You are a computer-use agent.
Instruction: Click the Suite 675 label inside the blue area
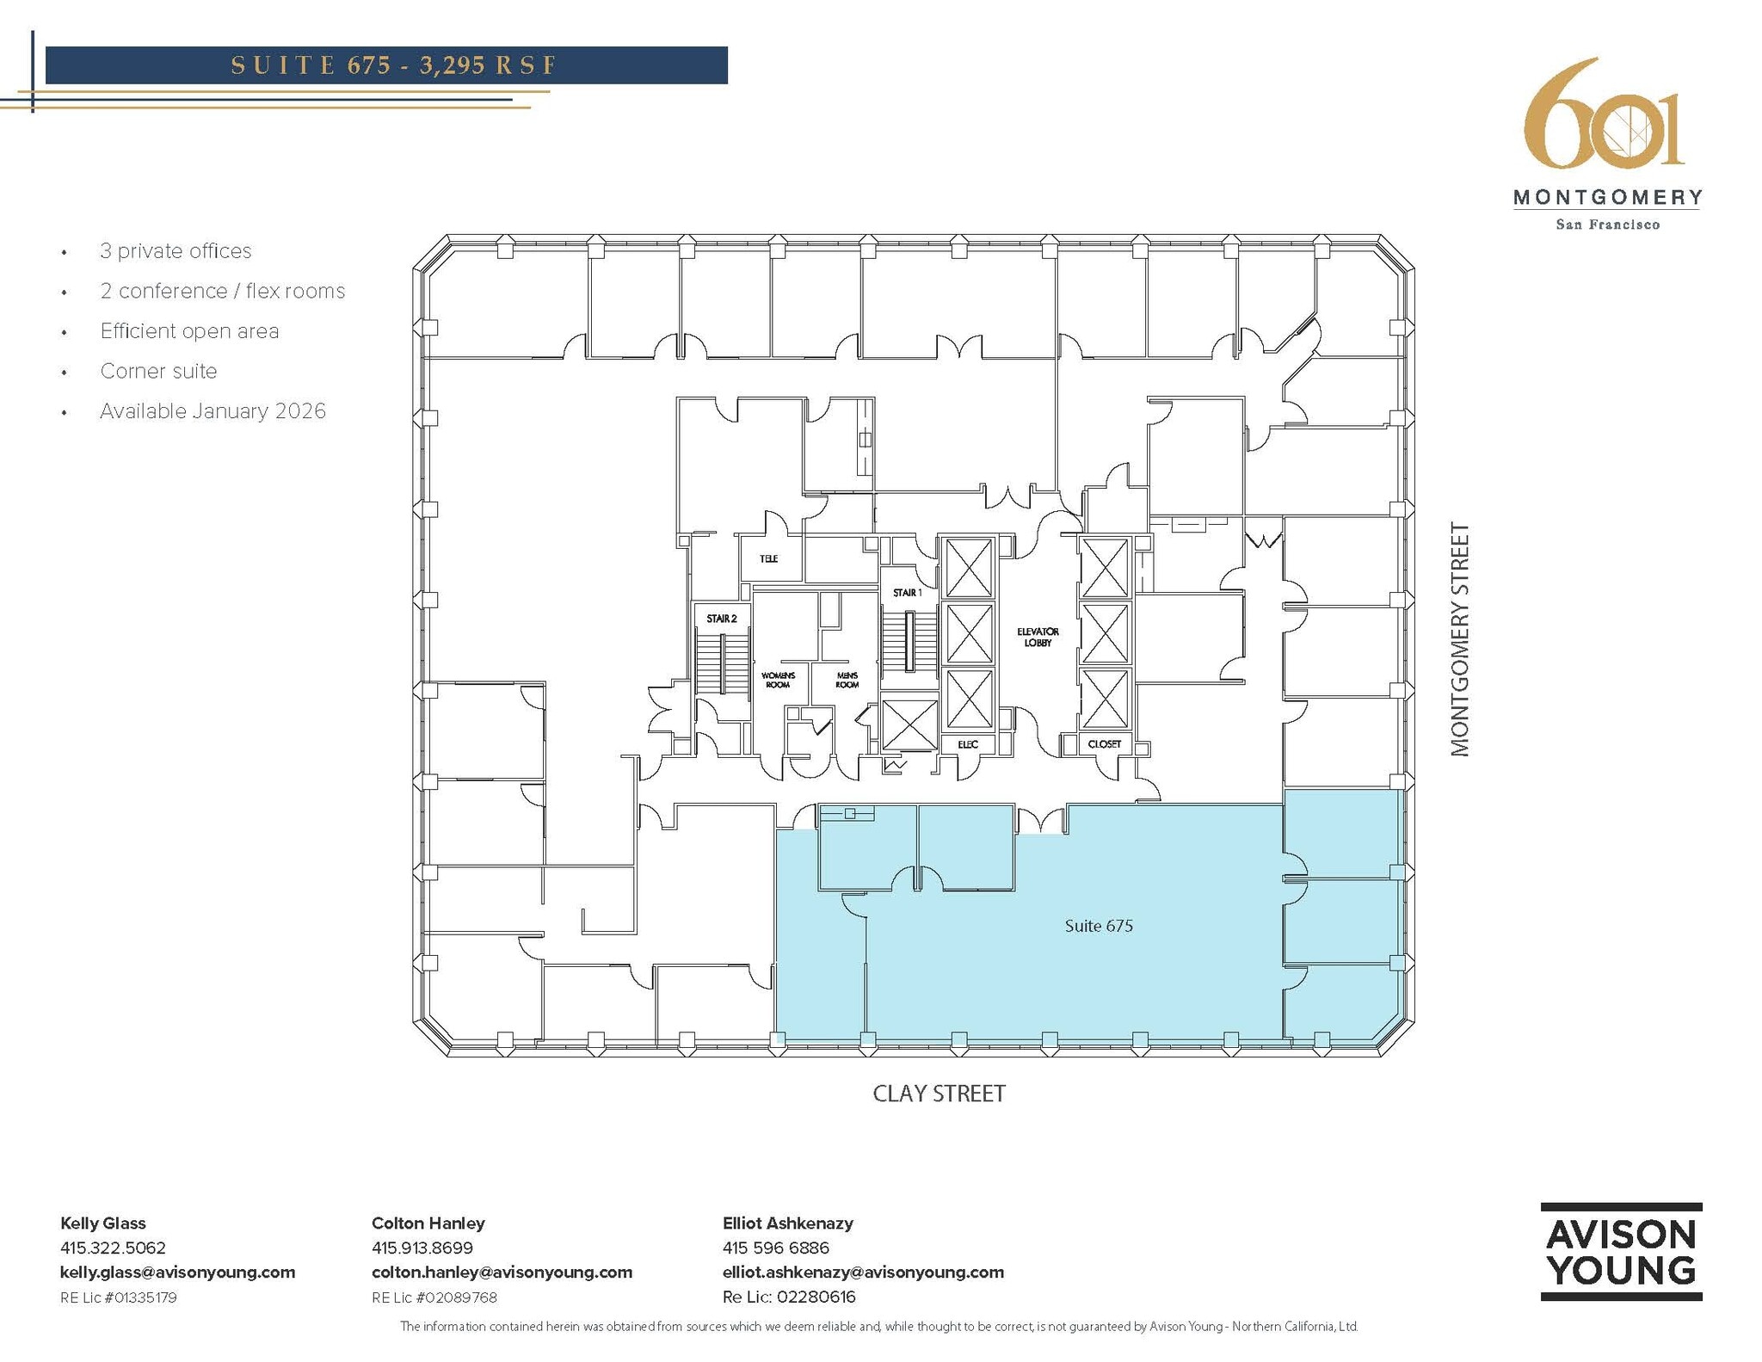pos(1098,926)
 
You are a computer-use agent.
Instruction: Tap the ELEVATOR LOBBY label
pos(1038,637)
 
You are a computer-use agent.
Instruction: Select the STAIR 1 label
pos(907,593)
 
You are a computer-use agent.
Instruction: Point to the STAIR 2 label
pos(721,619)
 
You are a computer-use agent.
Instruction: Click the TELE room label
pos(768,559)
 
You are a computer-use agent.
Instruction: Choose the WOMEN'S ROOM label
pos(778,680)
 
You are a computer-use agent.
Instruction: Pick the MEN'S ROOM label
pos(847,680)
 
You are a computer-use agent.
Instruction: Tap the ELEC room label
pos(968,744)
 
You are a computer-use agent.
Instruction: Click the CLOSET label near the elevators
pos(1104,744)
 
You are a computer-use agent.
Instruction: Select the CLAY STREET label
pos(939,1094)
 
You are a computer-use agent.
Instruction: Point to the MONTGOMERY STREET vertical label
pos(1460,639)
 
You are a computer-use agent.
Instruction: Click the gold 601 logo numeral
pos(1604,116)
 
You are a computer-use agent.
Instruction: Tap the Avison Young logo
pos(1621,1252)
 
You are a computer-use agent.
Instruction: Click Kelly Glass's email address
pos(177,1272)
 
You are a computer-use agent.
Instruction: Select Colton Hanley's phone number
pos(422,1248)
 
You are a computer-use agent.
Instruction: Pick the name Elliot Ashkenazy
pos(787,1223)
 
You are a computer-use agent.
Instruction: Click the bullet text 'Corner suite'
pos(158,371)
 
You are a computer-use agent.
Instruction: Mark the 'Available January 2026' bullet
pos(213,411)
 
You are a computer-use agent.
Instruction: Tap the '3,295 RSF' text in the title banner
pos(488,65)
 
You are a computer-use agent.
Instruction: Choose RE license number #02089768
pos(434,1297)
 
